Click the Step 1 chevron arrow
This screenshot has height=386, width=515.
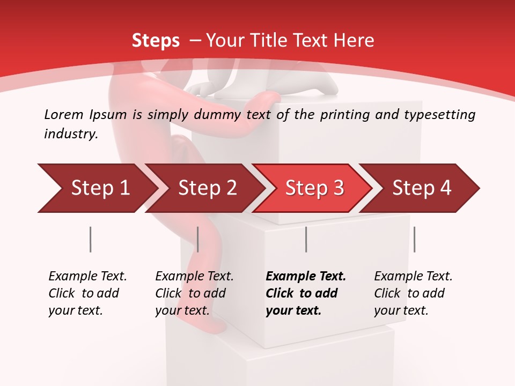tap(97, 188)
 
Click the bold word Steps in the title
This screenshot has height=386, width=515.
tap(156, 40)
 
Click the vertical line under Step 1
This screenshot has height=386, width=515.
tap(90, 239)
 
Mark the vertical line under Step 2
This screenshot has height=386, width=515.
tap(198, 239)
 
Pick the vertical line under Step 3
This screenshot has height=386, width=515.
tap(306, 239)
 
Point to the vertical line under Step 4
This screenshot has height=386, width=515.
tap(414, 239)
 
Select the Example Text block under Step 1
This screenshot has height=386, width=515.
tap(87, 293)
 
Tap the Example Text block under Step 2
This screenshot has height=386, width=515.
tap(194, 293)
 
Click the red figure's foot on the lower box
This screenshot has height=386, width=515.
tap(212, 325)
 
